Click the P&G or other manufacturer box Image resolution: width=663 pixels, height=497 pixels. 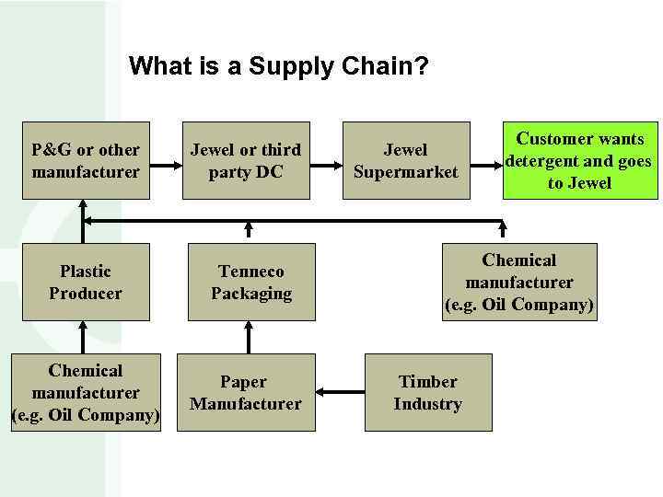tap(85, 161)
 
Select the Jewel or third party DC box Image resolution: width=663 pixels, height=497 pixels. tap(245, 161)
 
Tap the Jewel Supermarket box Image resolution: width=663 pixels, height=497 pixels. tap(405, 161)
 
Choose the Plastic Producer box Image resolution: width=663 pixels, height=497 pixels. tap(85, 282)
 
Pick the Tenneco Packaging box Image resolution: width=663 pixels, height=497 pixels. tap(250, 282)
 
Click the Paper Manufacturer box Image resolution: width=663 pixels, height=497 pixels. tap(245, 392)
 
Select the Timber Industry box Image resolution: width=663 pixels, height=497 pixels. tap(427, 392)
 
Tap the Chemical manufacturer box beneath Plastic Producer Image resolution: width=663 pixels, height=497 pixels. tap(85, 392)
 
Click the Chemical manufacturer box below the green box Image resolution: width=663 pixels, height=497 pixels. tap(520, 282)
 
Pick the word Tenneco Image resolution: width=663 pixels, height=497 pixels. tap(250, 272)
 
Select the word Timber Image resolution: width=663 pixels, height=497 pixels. tap(427, 381)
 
